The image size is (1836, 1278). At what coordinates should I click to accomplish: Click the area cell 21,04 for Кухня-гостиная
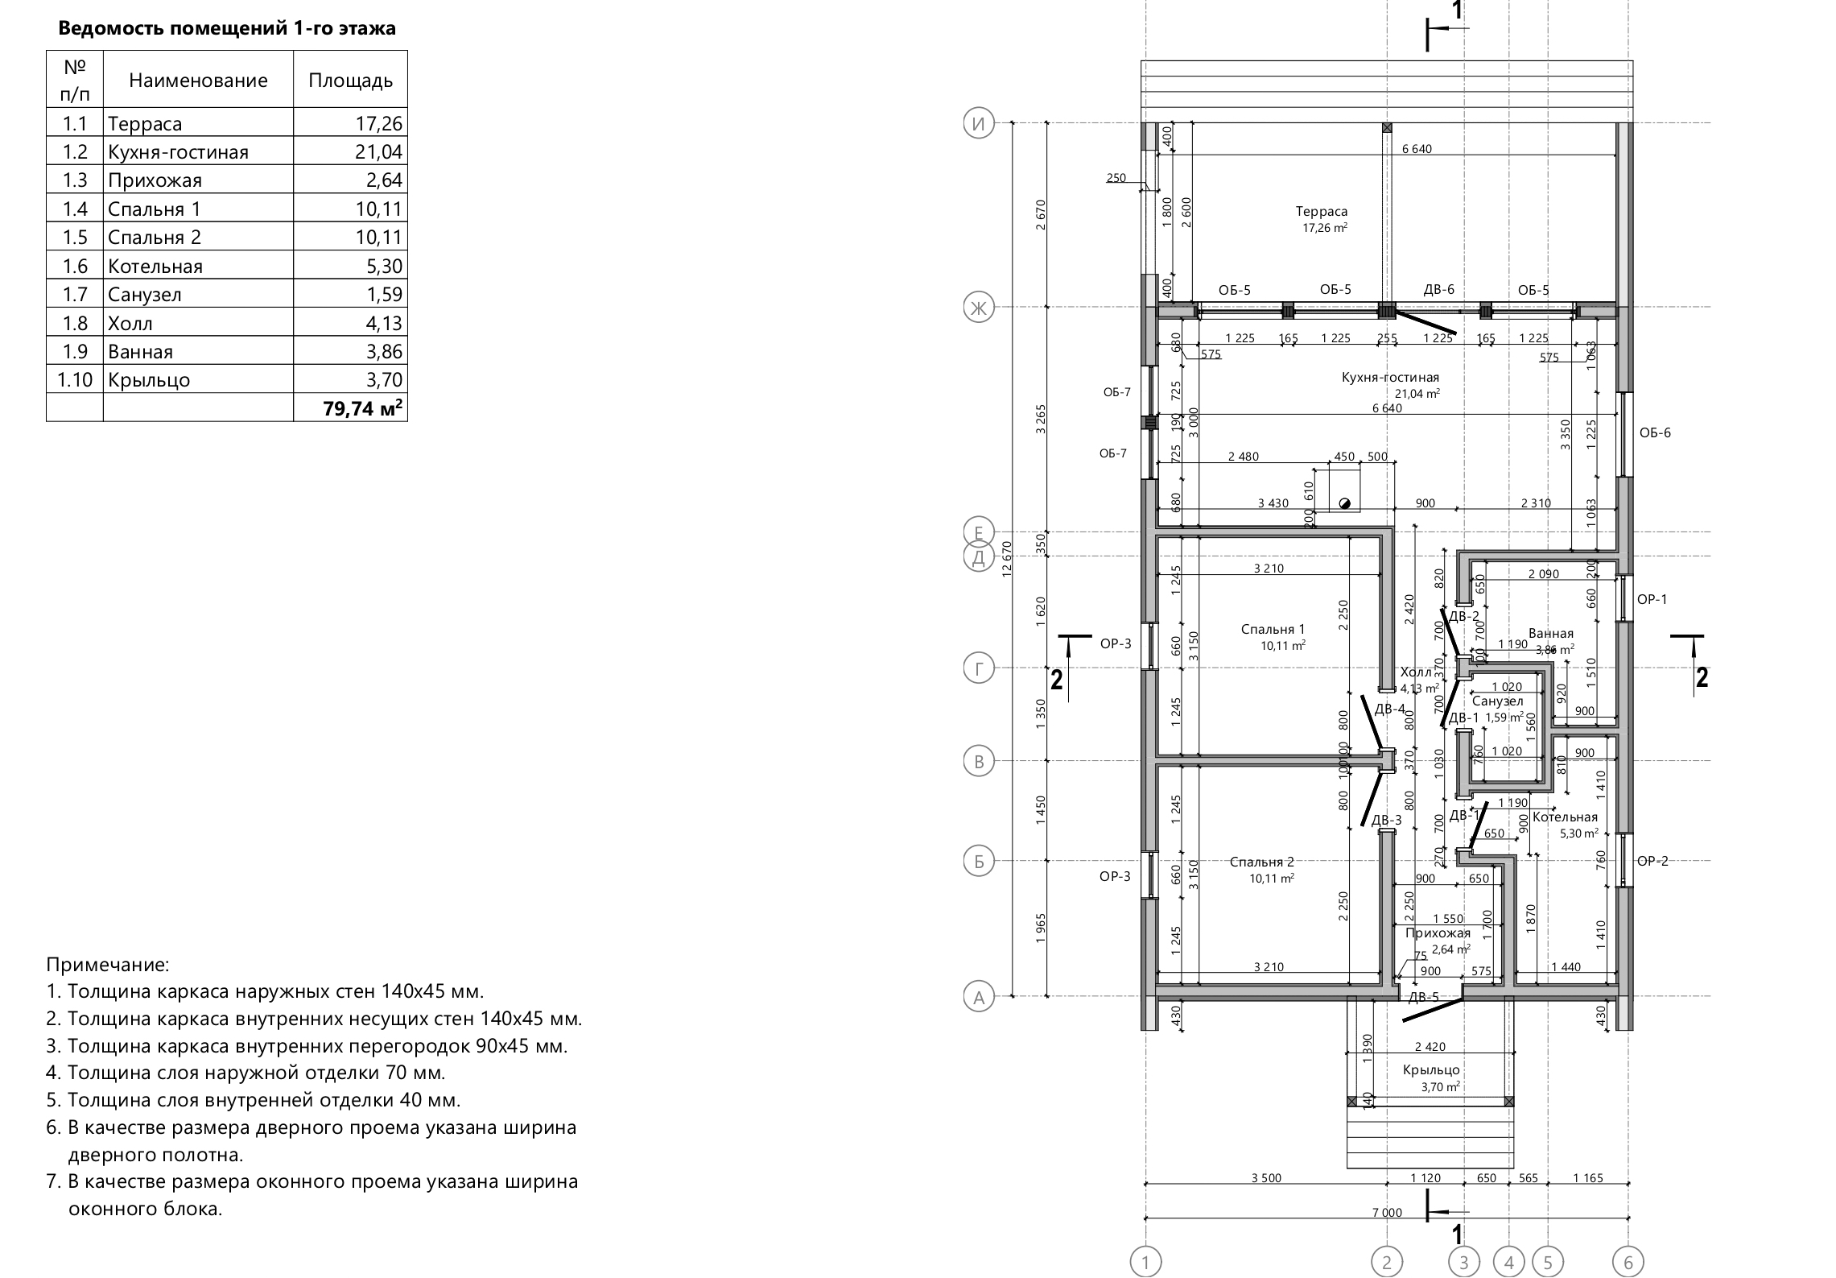(x=378, y=152)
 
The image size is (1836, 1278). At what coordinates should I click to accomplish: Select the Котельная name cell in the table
(x=155, y=267)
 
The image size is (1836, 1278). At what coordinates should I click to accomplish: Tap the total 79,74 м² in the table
(x=362, y=408)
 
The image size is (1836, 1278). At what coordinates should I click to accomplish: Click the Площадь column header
(x=350, y=81)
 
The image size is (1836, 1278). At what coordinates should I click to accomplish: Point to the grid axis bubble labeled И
(x=979, y=124)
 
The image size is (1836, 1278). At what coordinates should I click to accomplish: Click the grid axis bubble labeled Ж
(x=979, y=308)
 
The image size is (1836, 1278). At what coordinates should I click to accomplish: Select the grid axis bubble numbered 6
(x=1628, y=1261)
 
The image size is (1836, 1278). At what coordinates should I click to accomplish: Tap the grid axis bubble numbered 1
(x=1145, y=1261)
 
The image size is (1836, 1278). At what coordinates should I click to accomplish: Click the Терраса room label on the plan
(x=1322, y=212)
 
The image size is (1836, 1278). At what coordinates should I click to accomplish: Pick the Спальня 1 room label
(x=1273, y=630)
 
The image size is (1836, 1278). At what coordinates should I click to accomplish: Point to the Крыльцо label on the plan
(x=1430, y=1070)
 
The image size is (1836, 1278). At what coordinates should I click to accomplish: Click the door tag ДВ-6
(x=1438, y=290)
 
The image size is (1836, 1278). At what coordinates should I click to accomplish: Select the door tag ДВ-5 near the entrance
(x=1423, y=998)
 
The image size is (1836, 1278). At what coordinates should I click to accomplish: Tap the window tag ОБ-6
(x=1655, y=433)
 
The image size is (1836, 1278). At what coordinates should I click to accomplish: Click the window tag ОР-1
(x=1652, y=599)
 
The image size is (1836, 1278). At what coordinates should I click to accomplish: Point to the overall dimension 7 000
(x=1386, y=1235)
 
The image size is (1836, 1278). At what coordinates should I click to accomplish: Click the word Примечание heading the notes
(x=108, y=965)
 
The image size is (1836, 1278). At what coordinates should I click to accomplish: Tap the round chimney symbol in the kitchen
(x=1343, y=504)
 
